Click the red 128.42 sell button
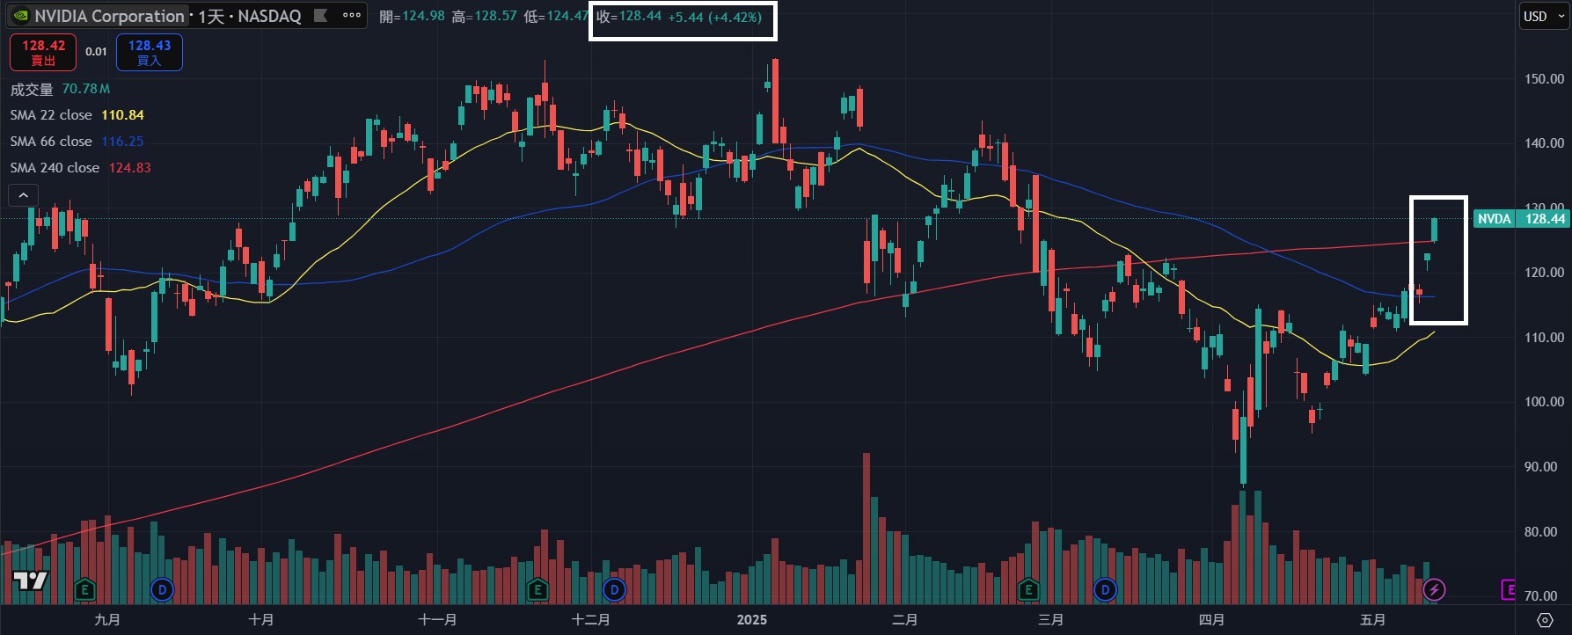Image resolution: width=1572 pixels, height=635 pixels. click(x=43, y=52)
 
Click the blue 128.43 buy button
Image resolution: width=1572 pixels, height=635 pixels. click(x=150, y=52)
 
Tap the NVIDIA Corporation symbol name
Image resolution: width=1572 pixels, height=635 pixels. click(x=109, y=16)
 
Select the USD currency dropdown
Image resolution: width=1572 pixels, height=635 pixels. click(x=1541, y=16)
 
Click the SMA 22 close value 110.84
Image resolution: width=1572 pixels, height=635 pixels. click(x=122, y=115)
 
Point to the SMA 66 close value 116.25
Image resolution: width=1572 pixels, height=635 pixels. click(x=122, y=142)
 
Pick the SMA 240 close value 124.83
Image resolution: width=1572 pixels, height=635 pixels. click(x=129, y=168)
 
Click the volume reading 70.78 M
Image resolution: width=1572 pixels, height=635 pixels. click(x=85, y=89)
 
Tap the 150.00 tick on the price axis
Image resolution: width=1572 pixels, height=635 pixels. click(x=1544, y=78)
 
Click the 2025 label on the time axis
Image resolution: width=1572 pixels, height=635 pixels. click(x=751, y=620)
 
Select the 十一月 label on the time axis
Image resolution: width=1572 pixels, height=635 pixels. click(x=437, y=620)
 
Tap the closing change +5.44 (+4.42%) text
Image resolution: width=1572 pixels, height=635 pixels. click(x=714, y=17)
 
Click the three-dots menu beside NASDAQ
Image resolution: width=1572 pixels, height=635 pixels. click(x=352, y=16)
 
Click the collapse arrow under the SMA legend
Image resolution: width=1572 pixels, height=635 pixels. click(x=23, y=195)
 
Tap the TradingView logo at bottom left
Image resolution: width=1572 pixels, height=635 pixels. click(x=30, y=580)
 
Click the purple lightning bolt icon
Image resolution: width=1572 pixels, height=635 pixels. click(x=1434, y=589)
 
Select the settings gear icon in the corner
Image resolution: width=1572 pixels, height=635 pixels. click(x=1545, y=620)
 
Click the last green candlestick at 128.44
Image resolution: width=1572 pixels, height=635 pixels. click(x=1435, y=230)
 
